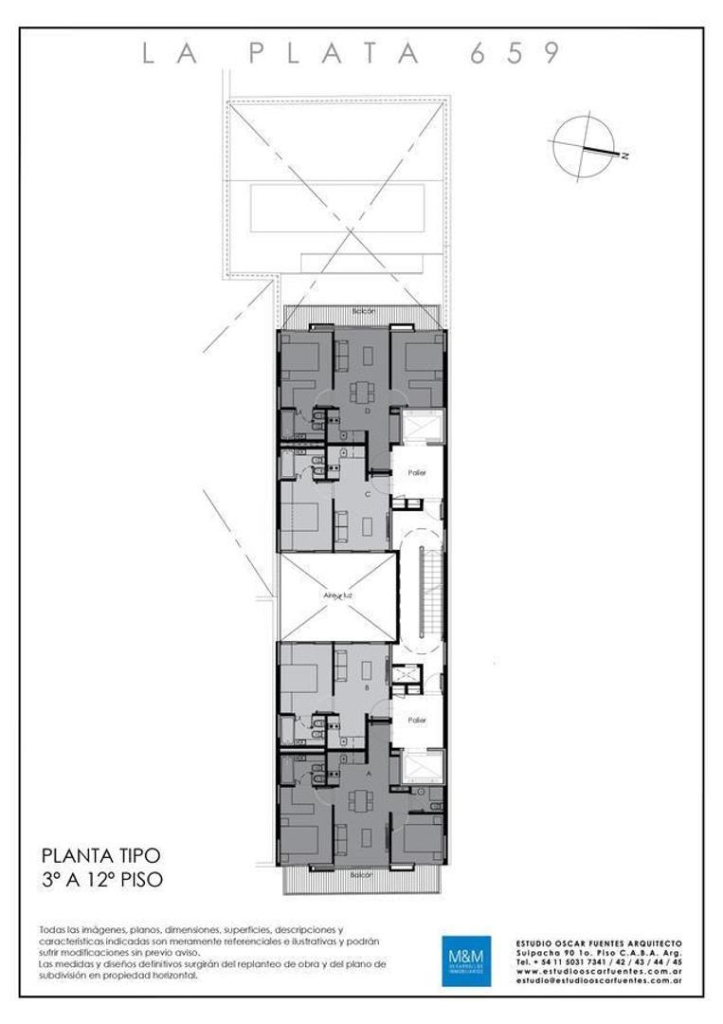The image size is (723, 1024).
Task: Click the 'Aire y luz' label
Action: [337, 595]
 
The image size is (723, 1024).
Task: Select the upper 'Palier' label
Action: [417, 471]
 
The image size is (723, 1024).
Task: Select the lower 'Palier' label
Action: [417, 721]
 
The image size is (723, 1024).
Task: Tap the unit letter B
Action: [366, 689]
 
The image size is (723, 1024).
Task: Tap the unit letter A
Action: [368, 773]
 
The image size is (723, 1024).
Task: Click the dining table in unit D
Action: [362, 391]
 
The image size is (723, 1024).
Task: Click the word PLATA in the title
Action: [335, 54]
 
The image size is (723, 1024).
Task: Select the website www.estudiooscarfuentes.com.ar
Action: [598, 971]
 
